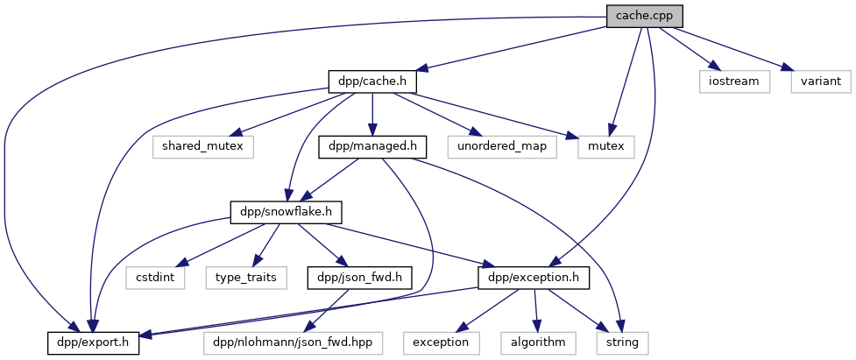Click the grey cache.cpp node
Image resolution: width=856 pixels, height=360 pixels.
coord(644,16)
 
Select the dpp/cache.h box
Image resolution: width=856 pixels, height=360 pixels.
coord(371,81)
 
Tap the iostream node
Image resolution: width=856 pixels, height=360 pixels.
coord(734,81)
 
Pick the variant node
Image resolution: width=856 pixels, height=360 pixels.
coord(820,81)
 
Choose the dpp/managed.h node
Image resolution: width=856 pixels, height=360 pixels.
coord(372,146)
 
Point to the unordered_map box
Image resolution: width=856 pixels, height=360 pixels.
coord(501,146)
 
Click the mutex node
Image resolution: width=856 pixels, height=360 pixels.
coord(606,146)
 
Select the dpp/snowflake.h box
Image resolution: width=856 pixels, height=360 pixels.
coord(286,212)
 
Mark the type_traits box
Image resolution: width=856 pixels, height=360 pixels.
coord(247,278)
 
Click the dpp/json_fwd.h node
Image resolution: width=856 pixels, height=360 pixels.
coord(347,278)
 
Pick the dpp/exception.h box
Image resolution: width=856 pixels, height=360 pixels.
coord(534,278)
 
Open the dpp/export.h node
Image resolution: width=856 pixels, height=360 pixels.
coord(93,342)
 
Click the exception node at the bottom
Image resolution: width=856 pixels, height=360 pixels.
coord(442,342)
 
